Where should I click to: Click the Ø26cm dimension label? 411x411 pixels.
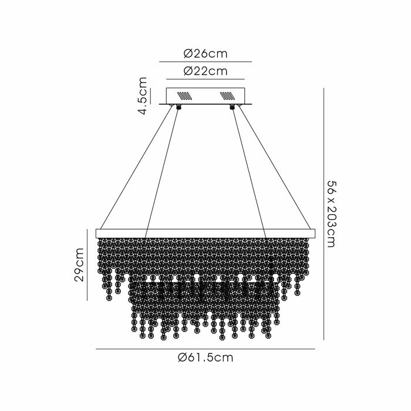click(x=205, y=54)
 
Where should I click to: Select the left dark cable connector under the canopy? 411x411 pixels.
click(x=177, y=107)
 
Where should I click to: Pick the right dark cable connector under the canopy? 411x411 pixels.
click(x=233, y=107)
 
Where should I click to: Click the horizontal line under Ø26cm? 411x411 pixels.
click(x=205, y=62)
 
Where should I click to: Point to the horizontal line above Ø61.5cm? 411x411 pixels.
click(x=205, y=349)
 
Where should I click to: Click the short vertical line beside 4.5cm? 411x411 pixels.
click(x=150, y=96)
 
